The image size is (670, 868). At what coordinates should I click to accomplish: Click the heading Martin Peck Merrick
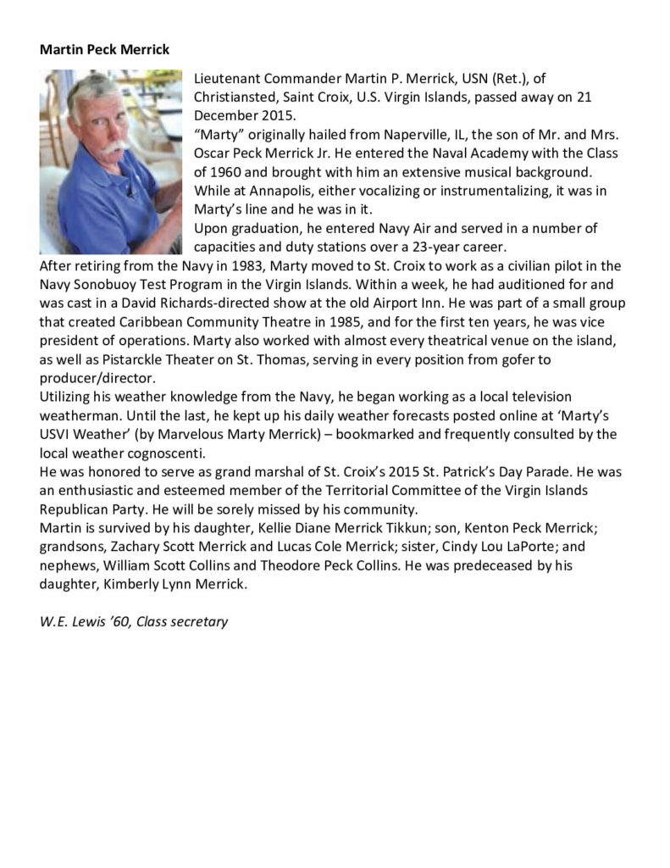[x=104, y=50]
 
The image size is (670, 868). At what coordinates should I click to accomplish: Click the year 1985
[x=346, y=321]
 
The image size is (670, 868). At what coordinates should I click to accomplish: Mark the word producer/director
[x=102, y=377]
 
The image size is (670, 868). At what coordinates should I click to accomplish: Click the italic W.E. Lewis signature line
[x=134, y=621]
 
